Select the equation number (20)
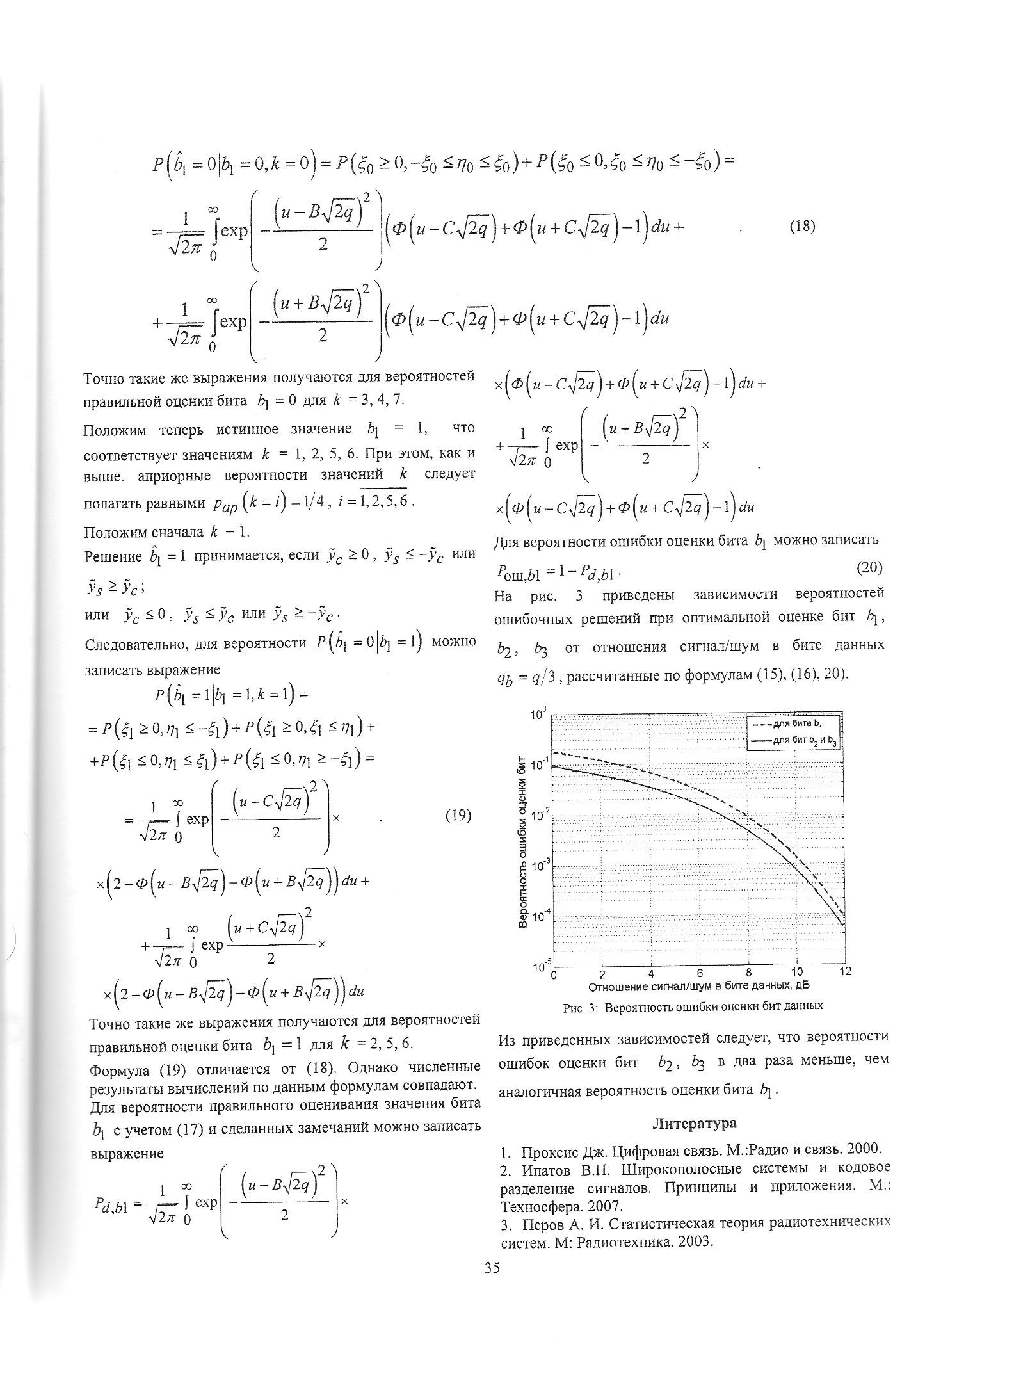[x=870, y=567]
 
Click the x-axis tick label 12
[x=846, y=972]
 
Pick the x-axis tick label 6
[x=700, y=972]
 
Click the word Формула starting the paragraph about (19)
[x=114, y=1067]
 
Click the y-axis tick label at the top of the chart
[x=536, y=713]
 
